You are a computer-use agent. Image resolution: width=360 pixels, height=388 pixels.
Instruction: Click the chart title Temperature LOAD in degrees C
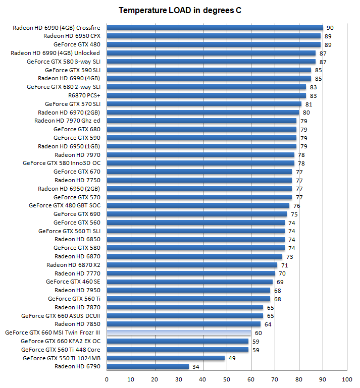[180, 10]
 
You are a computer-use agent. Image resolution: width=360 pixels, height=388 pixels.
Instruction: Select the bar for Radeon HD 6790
[147, 366]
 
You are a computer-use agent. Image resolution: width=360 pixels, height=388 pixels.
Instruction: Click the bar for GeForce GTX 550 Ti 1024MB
[166, 358]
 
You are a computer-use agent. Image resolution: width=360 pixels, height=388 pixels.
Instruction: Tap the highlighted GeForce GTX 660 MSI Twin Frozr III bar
[179, 332]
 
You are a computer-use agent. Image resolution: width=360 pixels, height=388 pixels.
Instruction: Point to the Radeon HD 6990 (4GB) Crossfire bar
[215, 28]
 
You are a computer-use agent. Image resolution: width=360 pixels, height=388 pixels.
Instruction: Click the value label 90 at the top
[330, 28]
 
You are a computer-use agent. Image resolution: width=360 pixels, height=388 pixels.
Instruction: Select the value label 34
[195, 367]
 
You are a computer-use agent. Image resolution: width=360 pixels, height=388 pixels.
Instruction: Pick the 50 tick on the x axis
[227, 378]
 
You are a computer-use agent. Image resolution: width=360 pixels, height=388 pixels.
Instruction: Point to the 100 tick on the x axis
[347, 378]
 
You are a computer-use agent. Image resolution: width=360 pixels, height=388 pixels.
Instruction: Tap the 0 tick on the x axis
[107, 378]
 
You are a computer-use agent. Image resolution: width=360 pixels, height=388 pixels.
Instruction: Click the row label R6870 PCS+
[84, 95]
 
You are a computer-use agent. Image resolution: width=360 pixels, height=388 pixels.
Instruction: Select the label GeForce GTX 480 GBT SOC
[65, 205]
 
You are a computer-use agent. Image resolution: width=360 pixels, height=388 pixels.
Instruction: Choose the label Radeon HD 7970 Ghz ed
[67, 121]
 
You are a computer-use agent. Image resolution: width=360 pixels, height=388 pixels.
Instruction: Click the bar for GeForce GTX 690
[196, 214]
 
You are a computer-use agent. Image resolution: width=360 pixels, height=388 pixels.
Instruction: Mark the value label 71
[284, 265]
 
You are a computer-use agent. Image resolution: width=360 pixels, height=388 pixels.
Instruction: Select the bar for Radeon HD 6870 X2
[192, 265]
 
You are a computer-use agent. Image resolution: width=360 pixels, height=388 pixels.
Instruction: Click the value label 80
[306, 113]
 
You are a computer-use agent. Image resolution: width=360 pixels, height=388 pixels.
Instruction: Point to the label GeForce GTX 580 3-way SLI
[64, 62]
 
